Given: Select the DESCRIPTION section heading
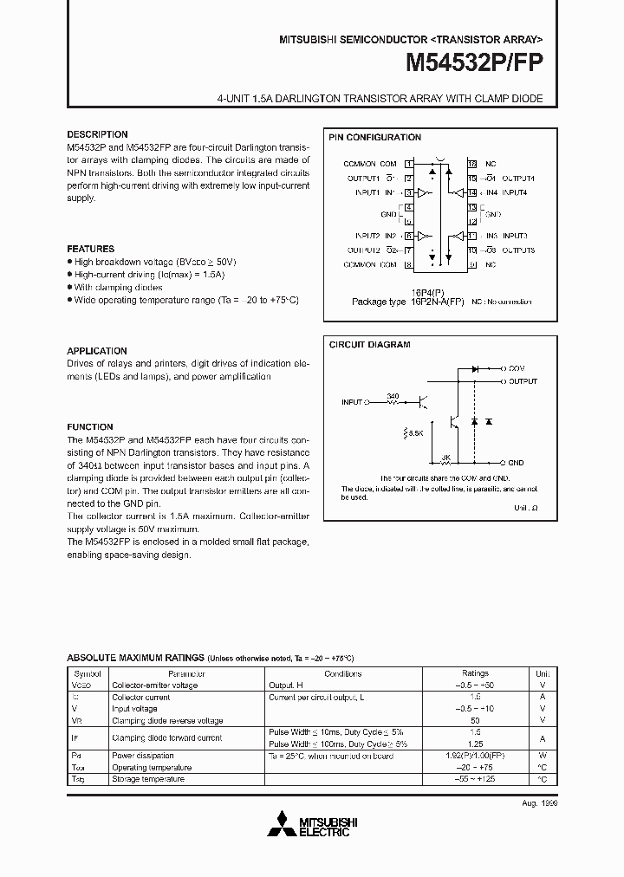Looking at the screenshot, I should (97, 134).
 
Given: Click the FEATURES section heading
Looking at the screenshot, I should (90, 249).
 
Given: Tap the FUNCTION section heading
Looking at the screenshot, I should (90, 426).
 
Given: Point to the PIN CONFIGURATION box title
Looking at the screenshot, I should (374, 137).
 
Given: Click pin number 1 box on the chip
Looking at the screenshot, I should (407, 163).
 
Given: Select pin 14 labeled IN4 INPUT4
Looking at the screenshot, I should (472, 192).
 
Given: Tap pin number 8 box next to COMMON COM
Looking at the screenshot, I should (407, 264).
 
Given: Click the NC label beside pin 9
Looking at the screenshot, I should (491, 264).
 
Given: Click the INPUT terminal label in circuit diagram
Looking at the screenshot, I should (352, 402).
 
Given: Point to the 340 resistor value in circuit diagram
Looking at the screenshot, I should (393, 396).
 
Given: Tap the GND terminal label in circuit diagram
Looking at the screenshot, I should (517, 464).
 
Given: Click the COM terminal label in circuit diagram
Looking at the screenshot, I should (517, 368).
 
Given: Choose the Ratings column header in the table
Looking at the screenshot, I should (475, 673).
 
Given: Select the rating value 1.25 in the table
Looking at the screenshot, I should (475, 744).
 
